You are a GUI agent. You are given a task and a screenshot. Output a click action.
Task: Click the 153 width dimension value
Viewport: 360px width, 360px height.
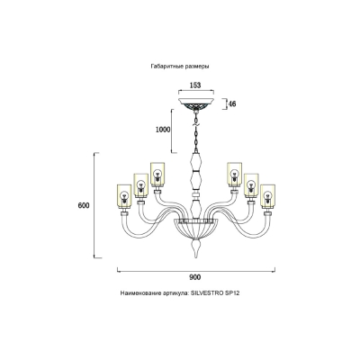[195, 85]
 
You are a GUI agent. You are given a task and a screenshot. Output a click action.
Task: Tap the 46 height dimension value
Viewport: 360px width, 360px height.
[232, 104]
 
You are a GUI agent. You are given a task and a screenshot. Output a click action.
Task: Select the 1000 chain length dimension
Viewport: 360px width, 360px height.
[163, 130]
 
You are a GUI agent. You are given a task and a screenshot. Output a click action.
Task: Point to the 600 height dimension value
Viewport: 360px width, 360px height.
[84, 206]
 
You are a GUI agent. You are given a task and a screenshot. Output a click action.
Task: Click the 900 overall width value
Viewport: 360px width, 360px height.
[195, 277]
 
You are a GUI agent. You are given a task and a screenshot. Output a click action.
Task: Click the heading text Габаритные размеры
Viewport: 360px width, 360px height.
[180, 67]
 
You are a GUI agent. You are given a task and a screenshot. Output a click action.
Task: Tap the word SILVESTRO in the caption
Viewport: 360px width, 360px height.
[207, 293]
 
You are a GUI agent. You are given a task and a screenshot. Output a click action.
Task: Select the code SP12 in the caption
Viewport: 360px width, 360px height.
[232, 293]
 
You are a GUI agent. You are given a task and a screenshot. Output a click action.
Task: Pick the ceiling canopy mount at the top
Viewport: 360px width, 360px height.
[196, 103]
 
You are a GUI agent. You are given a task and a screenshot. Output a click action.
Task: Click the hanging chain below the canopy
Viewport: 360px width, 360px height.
[196, 131]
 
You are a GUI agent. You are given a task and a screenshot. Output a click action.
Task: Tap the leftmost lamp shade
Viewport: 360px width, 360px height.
[124, 196]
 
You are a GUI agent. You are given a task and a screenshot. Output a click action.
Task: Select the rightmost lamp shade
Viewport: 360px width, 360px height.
[268, 196]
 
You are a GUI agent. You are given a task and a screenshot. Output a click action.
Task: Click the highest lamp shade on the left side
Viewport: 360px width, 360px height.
[157, 174]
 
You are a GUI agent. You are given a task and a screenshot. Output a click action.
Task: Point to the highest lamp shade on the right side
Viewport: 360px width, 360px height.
[235, 174]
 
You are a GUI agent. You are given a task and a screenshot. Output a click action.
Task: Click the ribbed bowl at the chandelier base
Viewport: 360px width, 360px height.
[196, 229]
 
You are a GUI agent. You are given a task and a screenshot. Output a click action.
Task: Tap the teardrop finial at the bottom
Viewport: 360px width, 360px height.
[196, 248]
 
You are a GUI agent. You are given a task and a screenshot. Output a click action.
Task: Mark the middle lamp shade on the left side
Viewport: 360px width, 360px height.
[140, 185]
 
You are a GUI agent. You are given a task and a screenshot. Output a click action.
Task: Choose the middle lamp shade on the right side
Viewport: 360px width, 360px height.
[251, 185]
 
